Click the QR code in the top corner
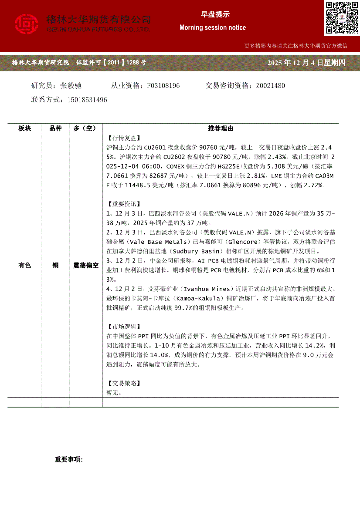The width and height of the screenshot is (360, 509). pos(341,17)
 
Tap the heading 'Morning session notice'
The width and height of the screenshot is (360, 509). pos(213,28)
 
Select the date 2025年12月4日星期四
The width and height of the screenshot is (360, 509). pos(307,63)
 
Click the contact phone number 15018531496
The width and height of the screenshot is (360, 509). pos(87,100)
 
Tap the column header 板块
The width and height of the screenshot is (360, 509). pos(25,128)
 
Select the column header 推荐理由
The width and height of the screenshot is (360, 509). pos(221,128)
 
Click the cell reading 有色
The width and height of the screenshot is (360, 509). pos(25,265)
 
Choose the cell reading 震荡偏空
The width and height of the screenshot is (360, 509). pos(86,265)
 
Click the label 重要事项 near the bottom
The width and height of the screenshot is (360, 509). pos(68,459)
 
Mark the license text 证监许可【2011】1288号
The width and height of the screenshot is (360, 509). pos(111,63)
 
